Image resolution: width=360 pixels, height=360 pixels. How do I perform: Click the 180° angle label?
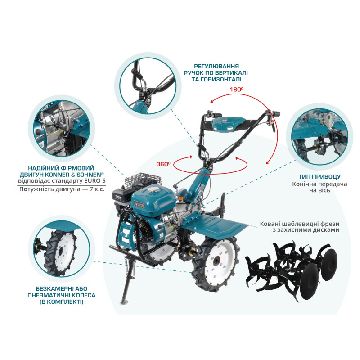237,90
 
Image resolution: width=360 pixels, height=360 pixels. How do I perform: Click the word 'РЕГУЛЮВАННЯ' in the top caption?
216,66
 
